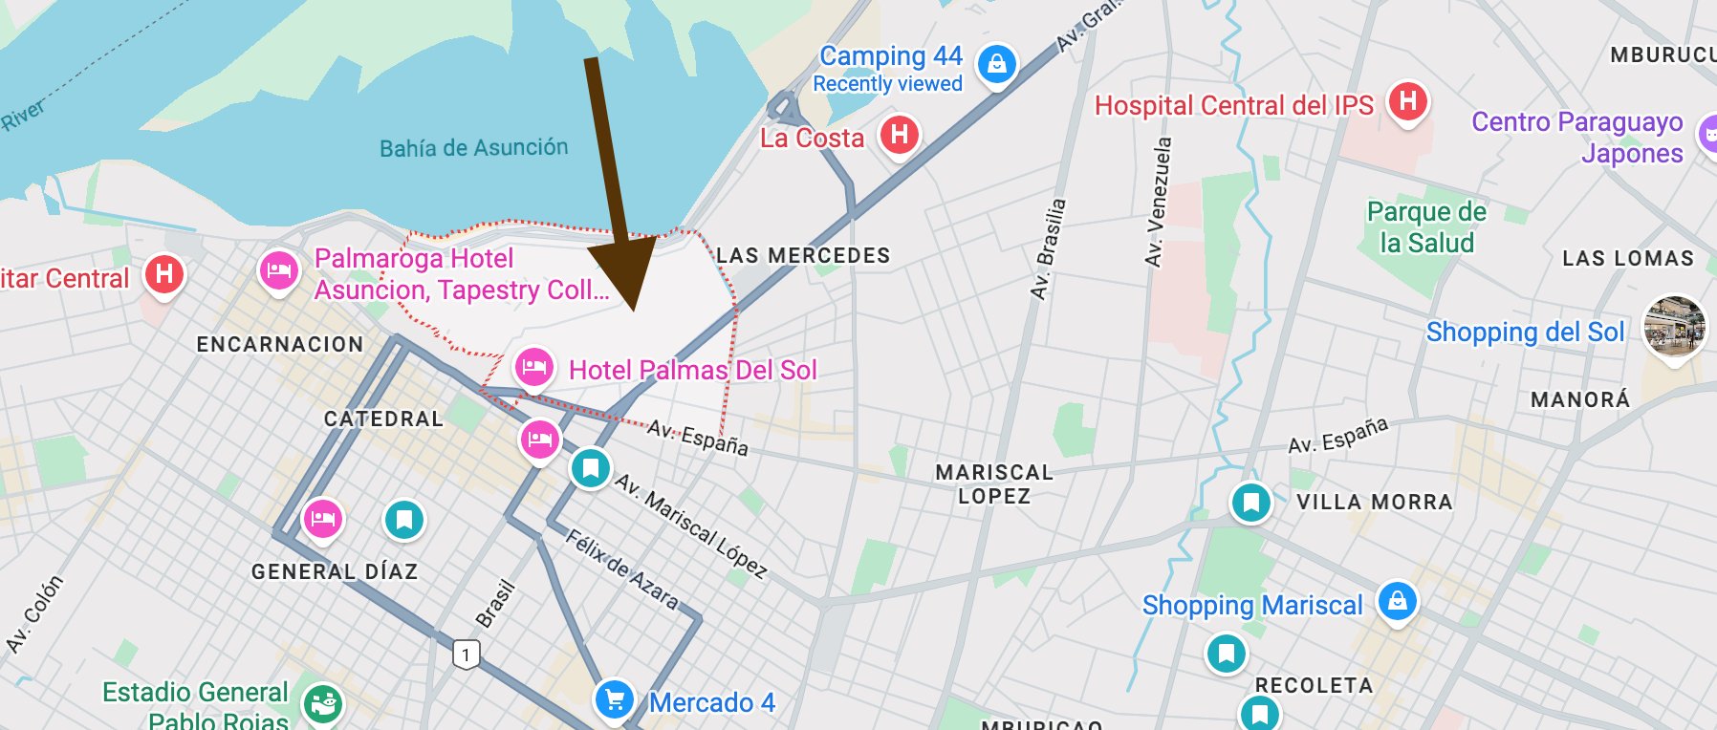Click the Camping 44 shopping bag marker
996,64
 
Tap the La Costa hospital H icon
899,135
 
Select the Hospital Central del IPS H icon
1407,100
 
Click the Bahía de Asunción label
473,148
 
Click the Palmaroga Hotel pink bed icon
278,270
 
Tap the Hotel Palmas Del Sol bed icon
533,367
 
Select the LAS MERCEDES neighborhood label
803,256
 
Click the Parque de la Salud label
1426,227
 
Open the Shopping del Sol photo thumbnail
1674,326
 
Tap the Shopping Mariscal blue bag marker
1397,601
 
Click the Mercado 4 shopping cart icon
615,699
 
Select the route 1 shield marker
466,655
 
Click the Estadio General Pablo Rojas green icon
323,704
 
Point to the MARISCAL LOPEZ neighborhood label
994,484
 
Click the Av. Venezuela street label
1157,202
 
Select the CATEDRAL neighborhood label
383,419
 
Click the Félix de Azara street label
621,569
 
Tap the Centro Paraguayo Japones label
1577,138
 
